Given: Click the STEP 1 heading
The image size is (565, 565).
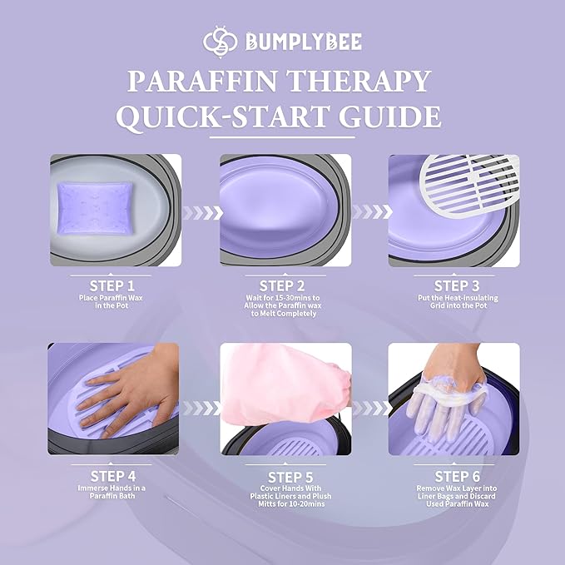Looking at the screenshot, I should [114, 285].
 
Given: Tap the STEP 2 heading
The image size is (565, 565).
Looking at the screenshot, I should [284, 285].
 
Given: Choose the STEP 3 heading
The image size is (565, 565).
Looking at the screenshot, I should [453, 285].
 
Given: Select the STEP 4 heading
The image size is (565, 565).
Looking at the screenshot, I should [114, 476].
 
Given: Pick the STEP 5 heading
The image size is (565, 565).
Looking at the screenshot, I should [284, 476].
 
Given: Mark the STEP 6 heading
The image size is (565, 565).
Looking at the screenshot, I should [453, 476].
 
